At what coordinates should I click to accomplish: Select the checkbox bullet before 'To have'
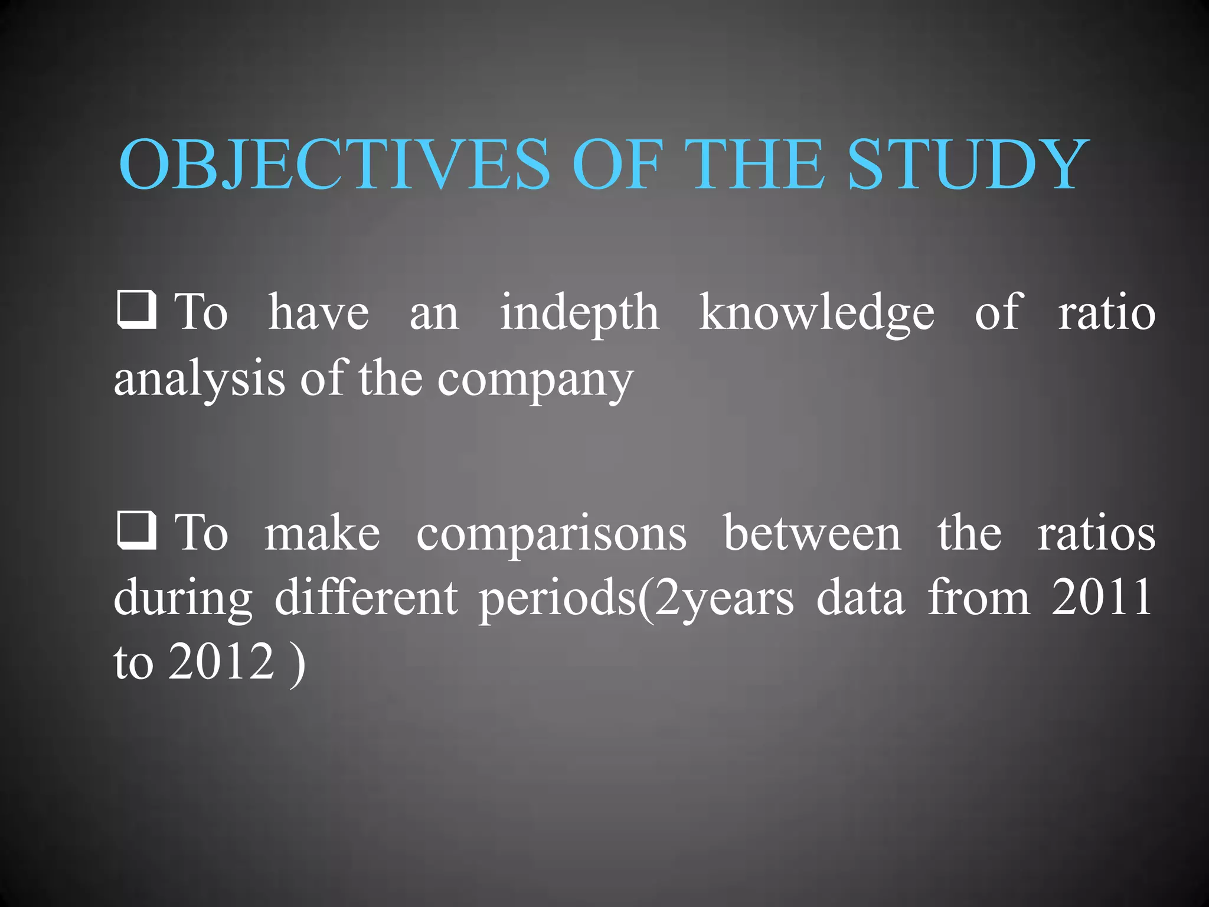(x=136, y=309)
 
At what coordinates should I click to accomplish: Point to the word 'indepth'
(x=580, y=313)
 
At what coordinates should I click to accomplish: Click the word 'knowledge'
(x=816, y=313)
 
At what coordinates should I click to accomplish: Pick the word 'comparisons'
(x=551, y=535)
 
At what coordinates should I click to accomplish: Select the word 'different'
(x=366, y=598)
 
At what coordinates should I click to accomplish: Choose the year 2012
(x=221, y=661)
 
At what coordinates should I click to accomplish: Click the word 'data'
(x=860, y=598)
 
